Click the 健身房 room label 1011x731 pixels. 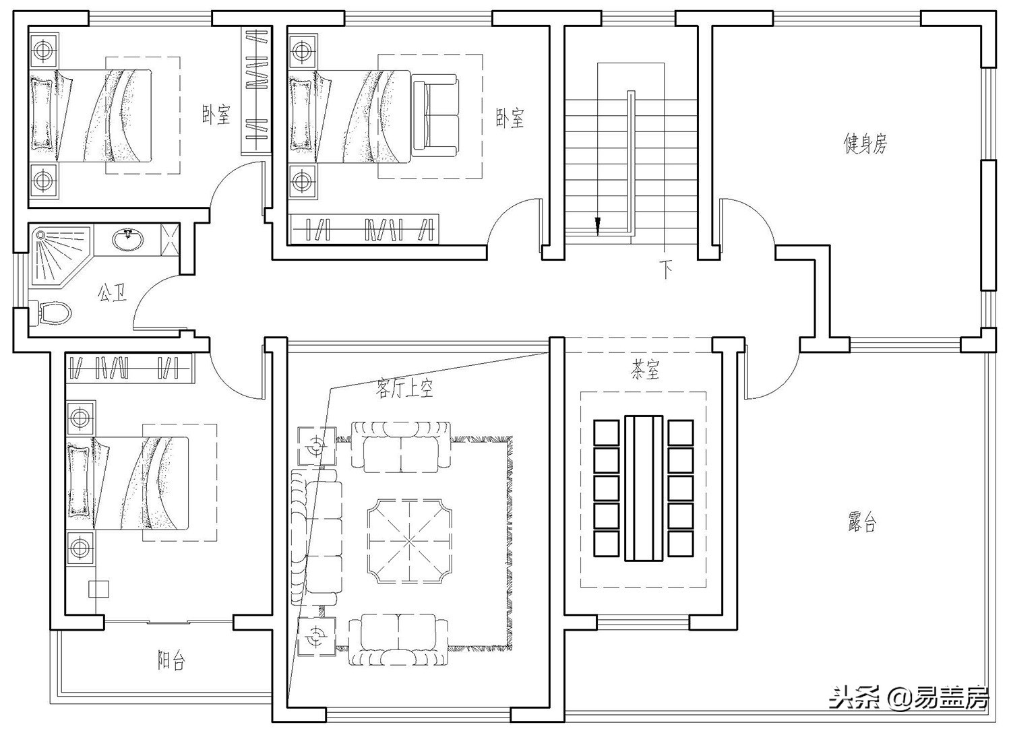[865, 144]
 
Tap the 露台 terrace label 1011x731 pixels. [862, 522]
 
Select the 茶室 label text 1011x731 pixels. [645, 370]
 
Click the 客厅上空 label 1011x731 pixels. [404, 388]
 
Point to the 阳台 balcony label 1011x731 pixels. [171, 660]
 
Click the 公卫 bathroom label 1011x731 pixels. [112, 293]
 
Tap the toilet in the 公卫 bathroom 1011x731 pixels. [53, 313]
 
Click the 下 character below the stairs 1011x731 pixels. [666, 269]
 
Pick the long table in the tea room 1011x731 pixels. [644, 488]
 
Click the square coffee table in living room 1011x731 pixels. [409, 541]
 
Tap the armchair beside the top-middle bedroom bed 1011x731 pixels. [435, 116]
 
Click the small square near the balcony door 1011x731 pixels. [98, 588]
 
